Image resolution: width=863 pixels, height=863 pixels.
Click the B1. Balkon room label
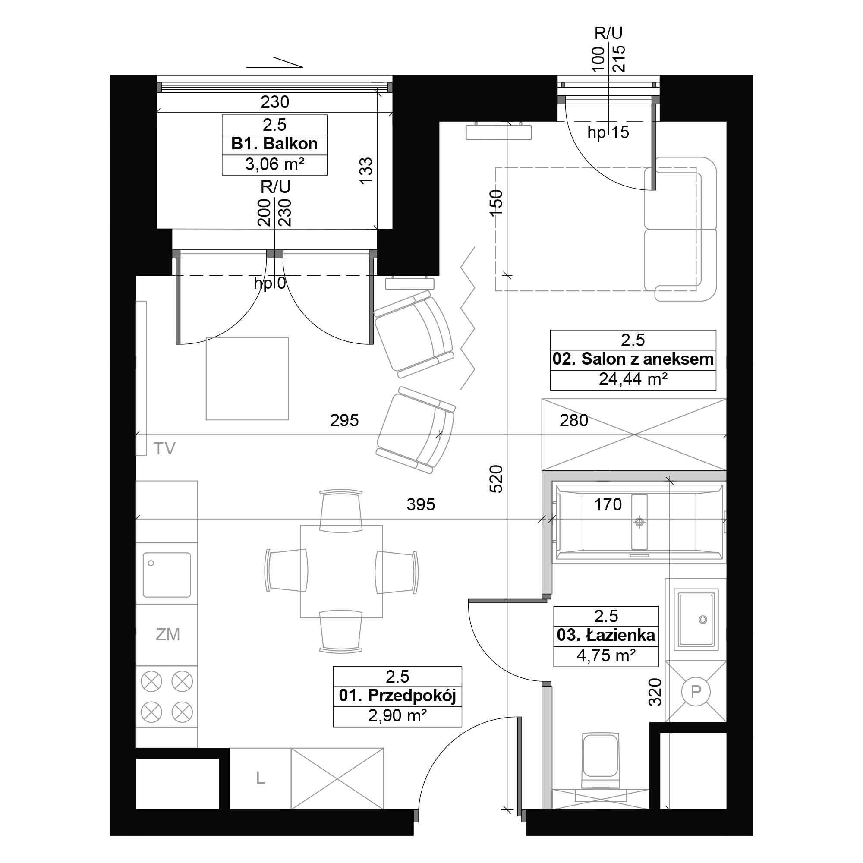[274, 144]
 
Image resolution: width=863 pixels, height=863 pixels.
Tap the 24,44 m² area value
[633, 379]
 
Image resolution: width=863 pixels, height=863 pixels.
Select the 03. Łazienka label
[606, 635]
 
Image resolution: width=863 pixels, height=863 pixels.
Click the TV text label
[164, 448]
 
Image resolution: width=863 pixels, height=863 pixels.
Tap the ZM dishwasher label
[167, 634]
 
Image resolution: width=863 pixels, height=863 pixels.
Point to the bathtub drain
[639, 521]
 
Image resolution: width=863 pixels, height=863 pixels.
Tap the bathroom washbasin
[696, 619]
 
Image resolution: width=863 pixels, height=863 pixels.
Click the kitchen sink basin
[167, 575]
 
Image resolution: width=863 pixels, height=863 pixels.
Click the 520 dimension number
[496, 479]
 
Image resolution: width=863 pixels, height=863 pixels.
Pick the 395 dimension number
[421, 505]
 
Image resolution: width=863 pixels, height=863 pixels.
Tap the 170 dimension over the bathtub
[608, 505]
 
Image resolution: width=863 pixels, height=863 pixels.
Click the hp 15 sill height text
[608, 132]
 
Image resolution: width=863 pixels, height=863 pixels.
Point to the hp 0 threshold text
[270, 283]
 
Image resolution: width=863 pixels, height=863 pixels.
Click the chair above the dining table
[341, 510]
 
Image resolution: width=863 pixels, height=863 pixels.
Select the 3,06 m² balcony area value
[275, 164]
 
